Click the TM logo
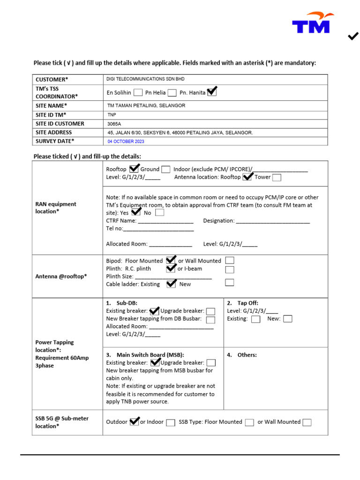click(x=312, y=23)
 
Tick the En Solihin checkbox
click(x=138, y=92)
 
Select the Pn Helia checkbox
click(x=172, y=92)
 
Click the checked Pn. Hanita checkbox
click(x=212, y=92)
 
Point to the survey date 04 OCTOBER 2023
click(x=126, y=142)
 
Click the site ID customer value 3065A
click(x=114, y=124)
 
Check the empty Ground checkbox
click(x=165, y=169)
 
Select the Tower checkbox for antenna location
click(x=277, y=177)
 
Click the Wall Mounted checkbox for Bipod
click(x=230, y=261)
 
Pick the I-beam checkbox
click(x=230, y=270)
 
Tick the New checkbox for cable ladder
click(x=230, y=282)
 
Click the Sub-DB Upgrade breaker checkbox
click(x=211, y=311)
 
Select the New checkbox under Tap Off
click(x=288, y=319)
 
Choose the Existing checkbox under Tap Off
click(x=255, y=319)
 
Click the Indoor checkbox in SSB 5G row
click(x=171, y=422)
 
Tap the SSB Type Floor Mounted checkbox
click(x=249, y=422)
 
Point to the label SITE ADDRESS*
click(x=54, y=133)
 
